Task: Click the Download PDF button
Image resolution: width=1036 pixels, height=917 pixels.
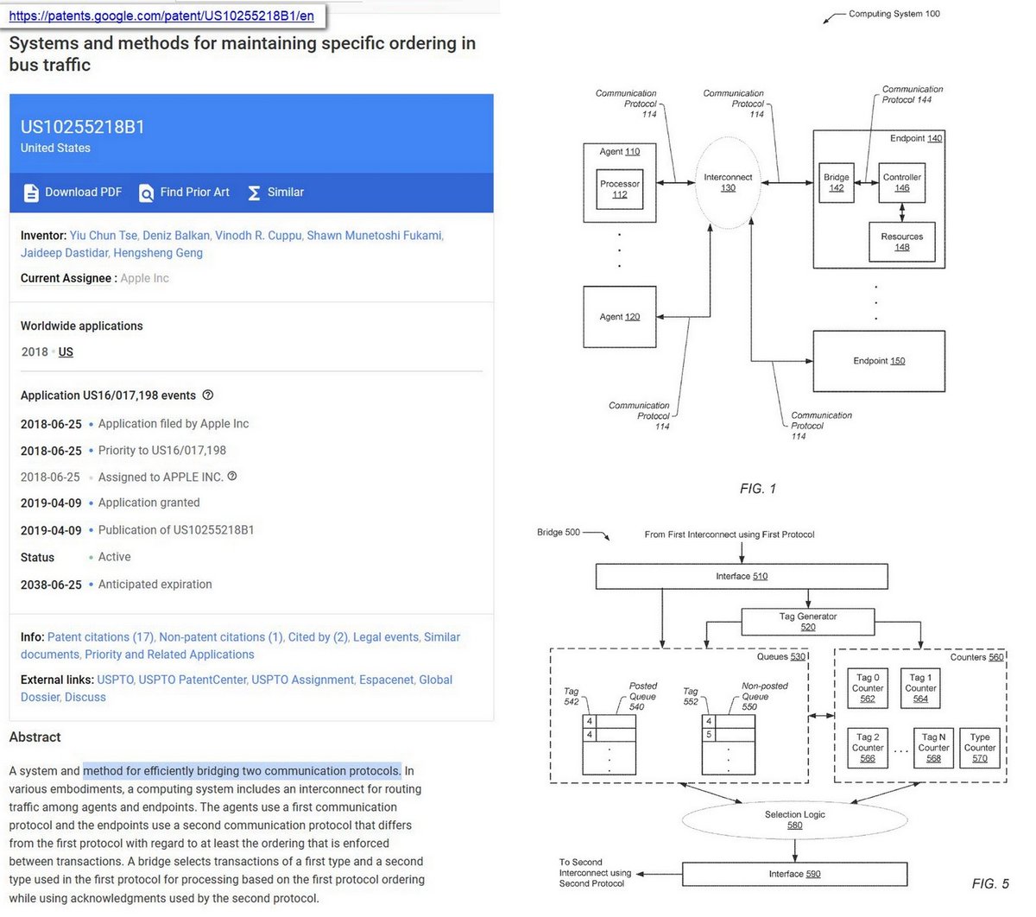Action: (73, 193)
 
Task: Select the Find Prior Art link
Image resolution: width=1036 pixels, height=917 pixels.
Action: (185, 193)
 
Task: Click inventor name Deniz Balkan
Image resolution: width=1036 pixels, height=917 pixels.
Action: (176, 235)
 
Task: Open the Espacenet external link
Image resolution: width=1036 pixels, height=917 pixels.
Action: (386, 680)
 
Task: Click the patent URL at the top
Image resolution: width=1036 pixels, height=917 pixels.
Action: (161, 16)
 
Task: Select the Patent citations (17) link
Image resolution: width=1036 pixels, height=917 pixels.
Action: (100, 636)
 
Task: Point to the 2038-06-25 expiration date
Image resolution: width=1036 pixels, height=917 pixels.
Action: (51, 585)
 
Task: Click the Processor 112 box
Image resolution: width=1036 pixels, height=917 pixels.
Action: (620, 189)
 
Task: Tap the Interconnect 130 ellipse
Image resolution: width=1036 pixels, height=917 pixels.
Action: (728, 182)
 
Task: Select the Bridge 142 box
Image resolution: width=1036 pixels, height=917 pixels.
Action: (836, 182)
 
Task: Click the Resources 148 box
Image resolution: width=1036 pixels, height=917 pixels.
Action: (901, 242)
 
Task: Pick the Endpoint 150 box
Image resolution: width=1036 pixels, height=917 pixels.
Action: (879, 361)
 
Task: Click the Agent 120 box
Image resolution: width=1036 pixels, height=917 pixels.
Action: (619, 317)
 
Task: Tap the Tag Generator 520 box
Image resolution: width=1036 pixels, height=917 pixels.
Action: (807, 622)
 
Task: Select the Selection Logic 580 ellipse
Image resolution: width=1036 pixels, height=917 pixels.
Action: (794, 819)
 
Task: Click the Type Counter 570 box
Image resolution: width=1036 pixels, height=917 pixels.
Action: (979, 748)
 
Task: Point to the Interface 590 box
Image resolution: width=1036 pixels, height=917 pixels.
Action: (794, 874)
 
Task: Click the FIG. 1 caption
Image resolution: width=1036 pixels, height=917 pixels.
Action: (757, 489)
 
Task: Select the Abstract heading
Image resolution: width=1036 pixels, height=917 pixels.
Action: (35, 737)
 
